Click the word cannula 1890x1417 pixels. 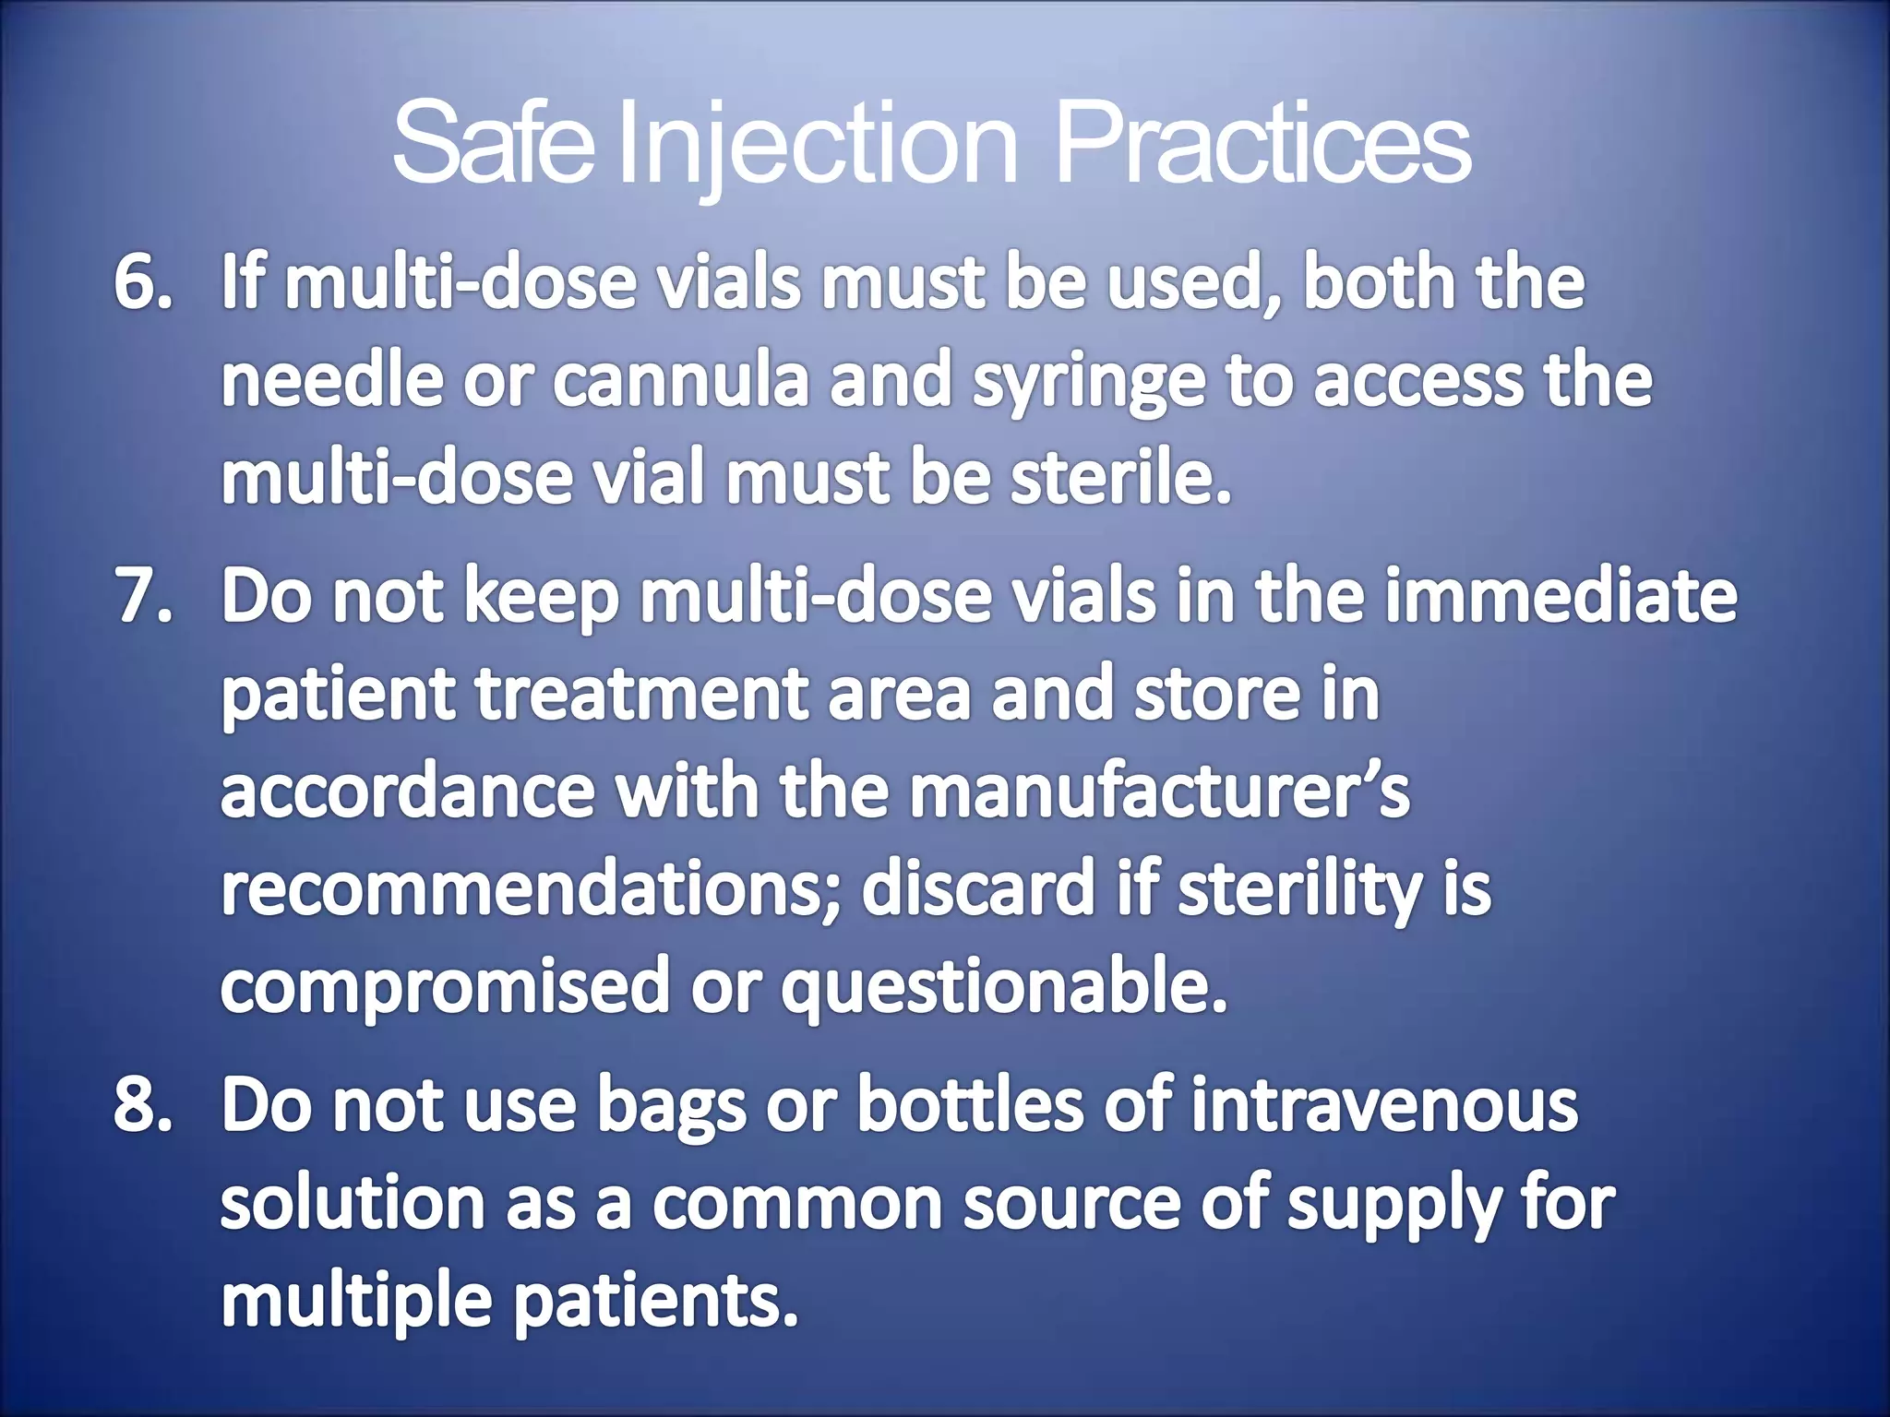(x=680, y=381)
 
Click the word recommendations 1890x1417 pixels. (x=531, y=889)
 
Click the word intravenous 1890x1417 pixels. (x=1384, y=1105)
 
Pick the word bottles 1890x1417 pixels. (x=970, y=1105)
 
